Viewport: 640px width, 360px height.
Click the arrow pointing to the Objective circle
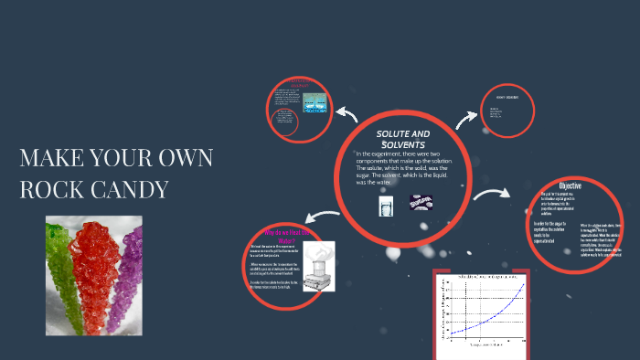pos(493,194)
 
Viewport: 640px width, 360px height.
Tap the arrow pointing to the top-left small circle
pos(347,113)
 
